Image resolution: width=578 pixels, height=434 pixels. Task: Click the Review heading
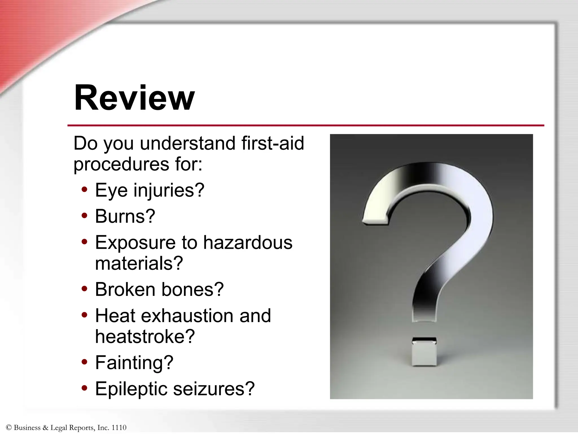pos(134,98)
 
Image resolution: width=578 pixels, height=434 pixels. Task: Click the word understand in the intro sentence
pos(188,143)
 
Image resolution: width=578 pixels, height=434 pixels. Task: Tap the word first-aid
pos(273,143)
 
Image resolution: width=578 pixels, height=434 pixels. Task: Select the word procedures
pos(121,164)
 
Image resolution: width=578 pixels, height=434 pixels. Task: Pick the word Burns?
pos(125,216)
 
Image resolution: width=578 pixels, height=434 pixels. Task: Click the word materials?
pos(139,264)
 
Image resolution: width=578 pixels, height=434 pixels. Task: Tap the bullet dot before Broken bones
pos(84,289)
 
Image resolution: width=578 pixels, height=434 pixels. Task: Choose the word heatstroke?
pos(145,337)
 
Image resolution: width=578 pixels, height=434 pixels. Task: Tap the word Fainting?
pos(134,363)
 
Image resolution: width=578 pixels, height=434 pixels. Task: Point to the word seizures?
pos(214,389)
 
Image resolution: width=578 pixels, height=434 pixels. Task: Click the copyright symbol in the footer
pos(8,428)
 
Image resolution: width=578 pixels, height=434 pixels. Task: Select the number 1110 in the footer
pos(119,428)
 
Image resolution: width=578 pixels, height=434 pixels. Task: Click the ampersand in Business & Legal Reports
pos(45,428)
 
